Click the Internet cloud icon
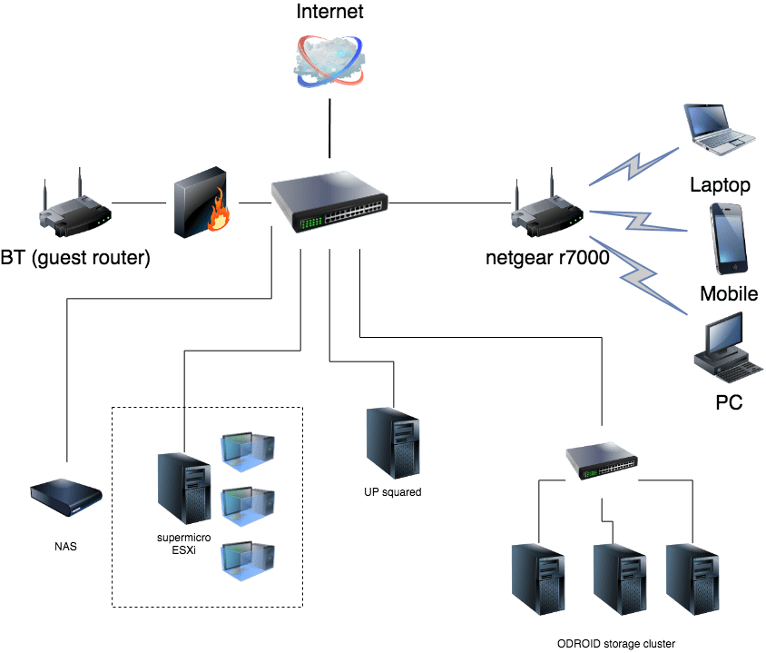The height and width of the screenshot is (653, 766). [329, 61]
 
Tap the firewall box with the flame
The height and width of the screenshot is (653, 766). [201, 203]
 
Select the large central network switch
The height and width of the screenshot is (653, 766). [329, 202]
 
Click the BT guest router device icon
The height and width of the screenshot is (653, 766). [75, 204]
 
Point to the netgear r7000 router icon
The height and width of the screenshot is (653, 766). [547, 204]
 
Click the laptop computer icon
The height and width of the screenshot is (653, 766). [719, 130]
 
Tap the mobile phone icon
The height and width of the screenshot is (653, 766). [729, 239]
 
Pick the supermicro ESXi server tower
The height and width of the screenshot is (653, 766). [184, 489]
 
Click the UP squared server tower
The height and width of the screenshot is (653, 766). [393, 443]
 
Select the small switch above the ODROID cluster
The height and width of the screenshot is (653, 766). [602, 460]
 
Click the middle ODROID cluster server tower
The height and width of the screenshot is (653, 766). [620, 579]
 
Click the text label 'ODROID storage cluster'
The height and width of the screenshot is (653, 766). [616, 644]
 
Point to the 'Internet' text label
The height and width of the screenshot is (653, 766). [329, 11]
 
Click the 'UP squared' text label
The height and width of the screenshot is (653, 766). [393, 492]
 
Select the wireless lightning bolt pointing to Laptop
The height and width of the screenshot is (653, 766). [633, 166]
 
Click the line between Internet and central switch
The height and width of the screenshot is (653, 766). [329, 129]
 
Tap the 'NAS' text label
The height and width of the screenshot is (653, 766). [65, 547]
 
